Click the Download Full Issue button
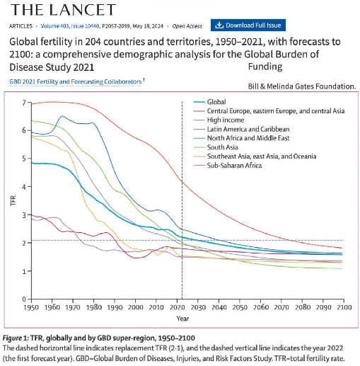(248, 25)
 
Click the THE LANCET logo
(63, 10)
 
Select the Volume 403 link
(54, 26)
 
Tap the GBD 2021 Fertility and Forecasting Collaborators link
(75, 81)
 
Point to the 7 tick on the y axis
(24, 103)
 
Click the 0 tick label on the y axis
(24, 299)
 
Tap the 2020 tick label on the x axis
(178, 307)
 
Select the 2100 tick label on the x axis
(344, 307)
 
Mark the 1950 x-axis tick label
(31, 307)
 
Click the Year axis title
(182, 319)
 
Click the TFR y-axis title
(13, 201)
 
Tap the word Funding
(265, 67)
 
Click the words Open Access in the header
(187, 26)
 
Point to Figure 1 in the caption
(15, 338)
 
